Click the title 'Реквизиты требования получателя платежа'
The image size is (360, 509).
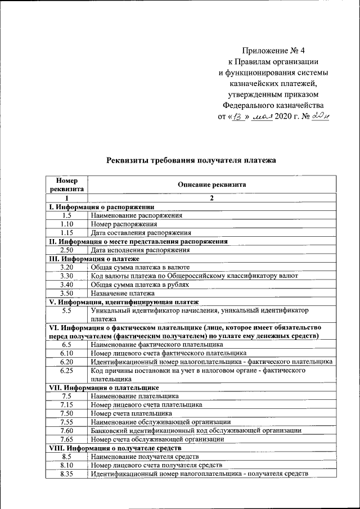coord(191,160)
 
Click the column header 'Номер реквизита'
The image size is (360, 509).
coord(66,184)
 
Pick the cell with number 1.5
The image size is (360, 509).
coord(66,215)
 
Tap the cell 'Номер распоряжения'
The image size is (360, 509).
coord(124,224)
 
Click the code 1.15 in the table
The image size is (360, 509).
coord(66,232)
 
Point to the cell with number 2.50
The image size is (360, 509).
coord(66,250)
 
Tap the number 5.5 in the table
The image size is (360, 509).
coord(66,310)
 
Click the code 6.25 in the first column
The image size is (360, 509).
coord(66,371)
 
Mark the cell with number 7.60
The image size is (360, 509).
coord(66,430)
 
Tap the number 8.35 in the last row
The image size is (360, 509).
coord(66,474)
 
